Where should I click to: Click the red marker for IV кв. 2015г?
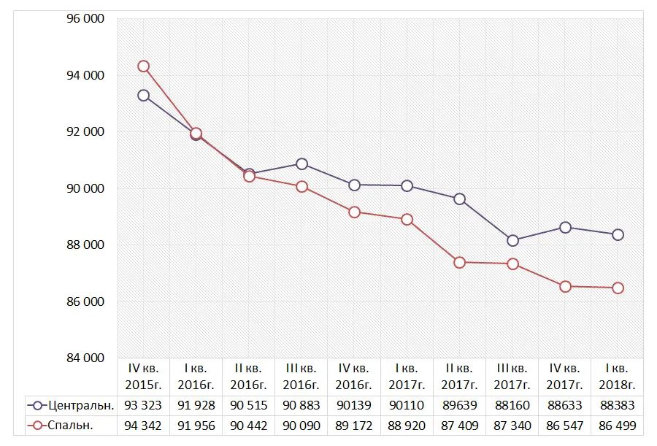point(144,66)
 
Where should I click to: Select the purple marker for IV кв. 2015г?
point(144,95)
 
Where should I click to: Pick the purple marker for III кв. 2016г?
point(301,164)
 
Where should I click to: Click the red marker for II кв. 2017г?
point(460,262)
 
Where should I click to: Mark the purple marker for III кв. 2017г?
point(512,240)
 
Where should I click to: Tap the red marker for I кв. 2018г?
point(618,288)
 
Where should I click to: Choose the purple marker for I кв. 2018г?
point(618,234)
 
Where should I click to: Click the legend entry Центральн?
point(71,405)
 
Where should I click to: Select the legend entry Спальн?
point(71,426)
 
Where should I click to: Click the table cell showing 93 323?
point(144,405)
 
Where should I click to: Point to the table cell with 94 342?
point(144,426)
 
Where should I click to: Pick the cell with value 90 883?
point(301,405)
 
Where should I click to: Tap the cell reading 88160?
point(512,405)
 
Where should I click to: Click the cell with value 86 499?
point(618,426)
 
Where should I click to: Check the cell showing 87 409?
point(460,426)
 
